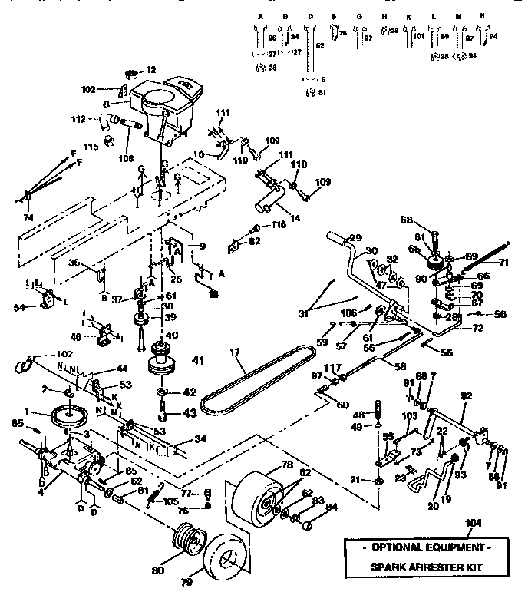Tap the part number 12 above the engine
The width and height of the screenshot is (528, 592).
(x=150, y=70)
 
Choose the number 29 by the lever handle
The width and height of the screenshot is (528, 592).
(x=355, y=237)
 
